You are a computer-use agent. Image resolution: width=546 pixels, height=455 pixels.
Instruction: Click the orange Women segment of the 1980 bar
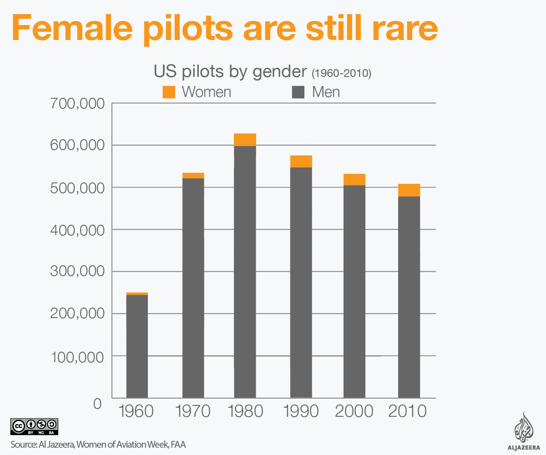click(245, 140)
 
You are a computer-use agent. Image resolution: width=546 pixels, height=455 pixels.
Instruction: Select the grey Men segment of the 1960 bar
click(137, 346)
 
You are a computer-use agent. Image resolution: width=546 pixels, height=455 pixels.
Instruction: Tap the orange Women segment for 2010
click(409, 190)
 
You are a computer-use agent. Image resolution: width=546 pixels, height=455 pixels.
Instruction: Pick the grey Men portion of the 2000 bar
click(354, 291)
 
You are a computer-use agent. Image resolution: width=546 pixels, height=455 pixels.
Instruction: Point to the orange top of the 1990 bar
click(301, 162)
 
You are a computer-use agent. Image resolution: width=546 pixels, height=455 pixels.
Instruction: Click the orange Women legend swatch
click(169, 92)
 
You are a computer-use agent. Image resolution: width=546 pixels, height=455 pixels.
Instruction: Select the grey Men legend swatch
click(298, 92)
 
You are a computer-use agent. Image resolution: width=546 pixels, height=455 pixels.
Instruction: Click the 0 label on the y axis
click(97, 403)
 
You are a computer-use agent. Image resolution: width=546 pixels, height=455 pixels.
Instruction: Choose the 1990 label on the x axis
click(301, 411)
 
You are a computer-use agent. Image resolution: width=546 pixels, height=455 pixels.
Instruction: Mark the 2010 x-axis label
click(408, 411)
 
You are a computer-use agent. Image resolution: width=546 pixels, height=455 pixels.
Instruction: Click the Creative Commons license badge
click(34, 426)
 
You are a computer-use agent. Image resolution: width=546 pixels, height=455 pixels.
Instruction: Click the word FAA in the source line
click(178, 445)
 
